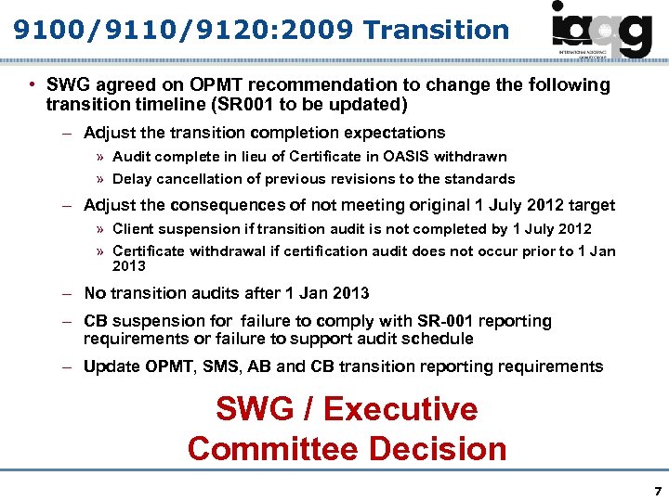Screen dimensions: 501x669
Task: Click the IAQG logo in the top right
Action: coord(601,30)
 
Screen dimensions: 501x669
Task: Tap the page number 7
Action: coord(657,489)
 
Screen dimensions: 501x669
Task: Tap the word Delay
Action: coord(131,179)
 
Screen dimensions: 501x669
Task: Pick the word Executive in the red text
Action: coord(400,409)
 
